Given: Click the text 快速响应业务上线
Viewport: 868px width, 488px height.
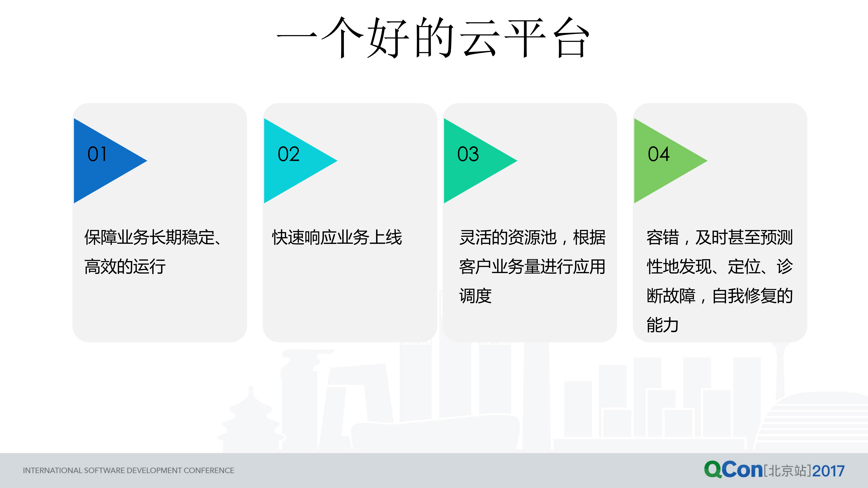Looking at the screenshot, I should tap(337, 237).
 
